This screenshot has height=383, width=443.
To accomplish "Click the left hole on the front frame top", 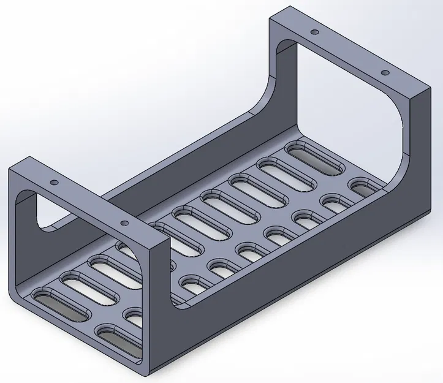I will click(54, 183).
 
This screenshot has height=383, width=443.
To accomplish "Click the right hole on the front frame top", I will click(124, 223).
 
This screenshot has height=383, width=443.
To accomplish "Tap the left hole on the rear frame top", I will click(314, 32).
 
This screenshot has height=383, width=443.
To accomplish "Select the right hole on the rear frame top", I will click(385, 73).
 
